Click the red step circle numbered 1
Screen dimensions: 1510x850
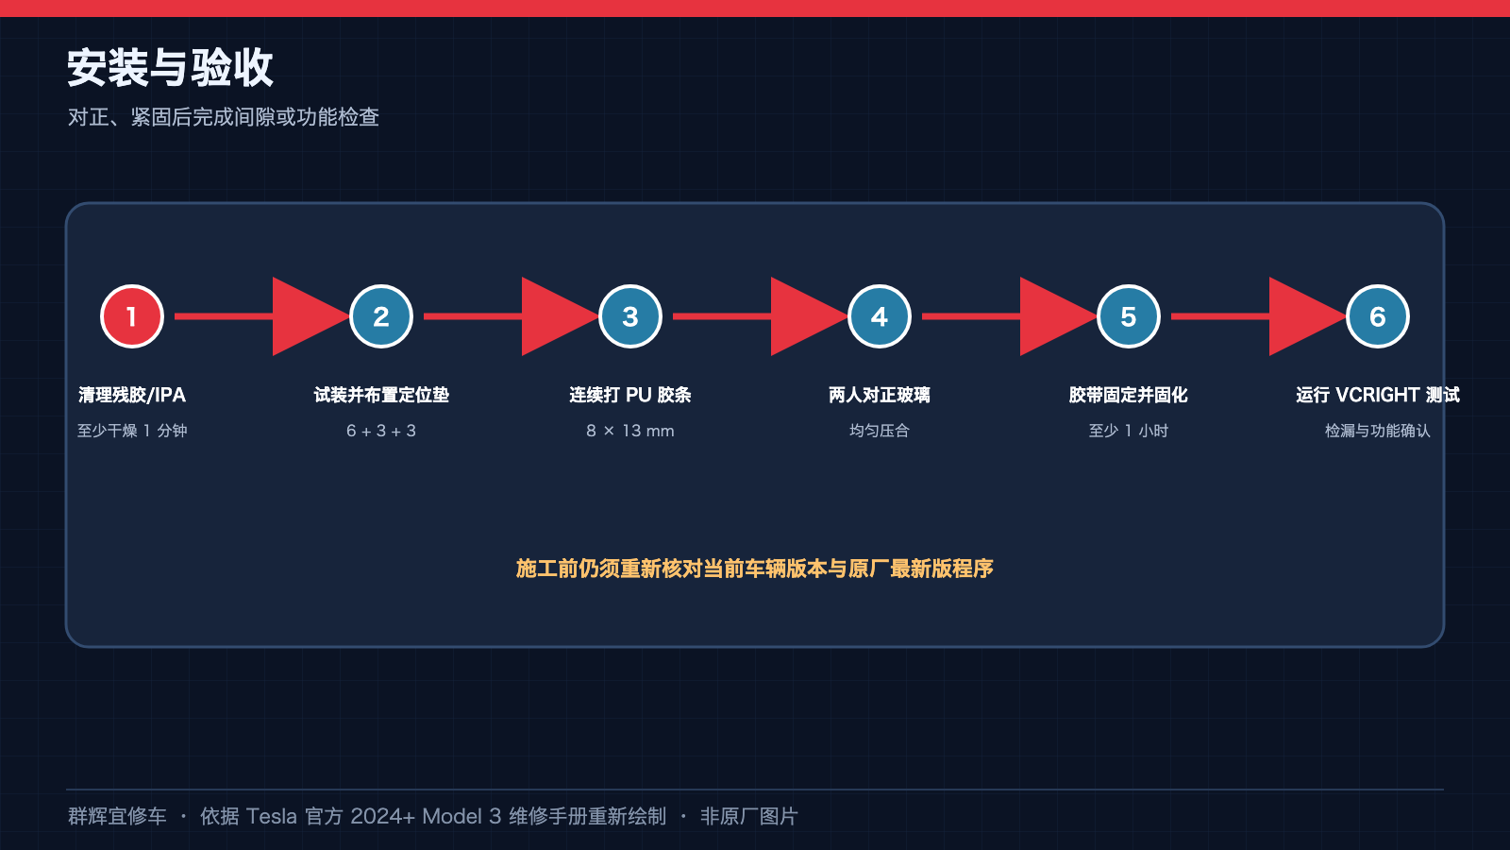coord(132,316)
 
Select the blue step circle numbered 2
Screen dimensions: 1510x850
coord(381,316)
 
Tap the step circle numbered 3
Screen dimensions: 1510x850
coord(630,316)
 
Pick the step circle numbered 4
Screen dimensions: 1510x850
coord(879,316)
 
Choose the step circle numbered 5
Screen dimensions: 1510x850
coord(1129,316)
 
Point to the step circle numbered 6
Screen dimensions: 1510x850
coord(1377,316)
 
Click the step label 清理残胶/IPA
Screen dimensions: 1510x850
coord(132,395)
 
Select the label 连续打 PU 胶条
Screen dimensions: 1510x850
coord(630,395)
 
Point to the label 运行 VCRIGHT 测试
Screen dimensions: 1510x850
coord(1377,395)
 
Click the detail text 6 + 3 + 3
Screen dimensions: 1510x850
coord(381,431)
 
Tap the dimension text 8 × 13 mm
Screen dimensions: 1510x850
coord(630,431)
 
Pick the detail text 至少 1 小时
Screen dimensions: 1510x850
coord(1129,431)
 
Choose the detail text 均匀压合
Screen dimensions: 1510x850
coord(879,431)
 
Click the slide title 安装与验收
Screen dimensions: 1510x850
coord(170,67)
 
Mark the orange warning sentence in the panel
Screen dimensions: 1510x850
coord(754,569)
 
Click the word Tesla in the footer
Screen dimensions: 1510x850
coord(271,816)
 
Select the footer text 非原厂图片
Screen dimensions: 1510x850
coord(749,816)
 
